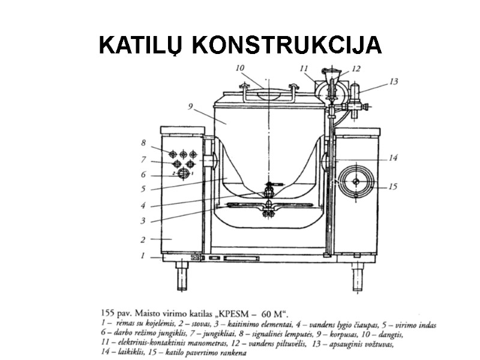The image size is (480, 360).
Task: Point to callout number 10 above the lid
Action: coord(240,68)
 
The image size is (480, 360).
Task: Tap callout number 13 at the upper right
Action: coord(393,81)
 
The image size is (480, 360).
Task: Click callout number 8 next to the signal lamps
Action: coord(143,143)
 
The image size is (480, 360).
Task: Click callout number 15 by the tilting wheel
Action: coord(392,187)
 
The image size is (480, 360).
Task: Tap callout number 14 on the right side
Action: coord(392,158)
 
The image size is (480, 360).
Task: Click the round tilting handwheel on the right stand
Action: coord(356,181)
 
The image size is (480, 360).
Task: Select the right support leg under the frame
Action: coord(358,277)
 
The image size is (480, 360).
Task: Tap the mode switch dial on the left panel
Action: coord(184,175)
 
